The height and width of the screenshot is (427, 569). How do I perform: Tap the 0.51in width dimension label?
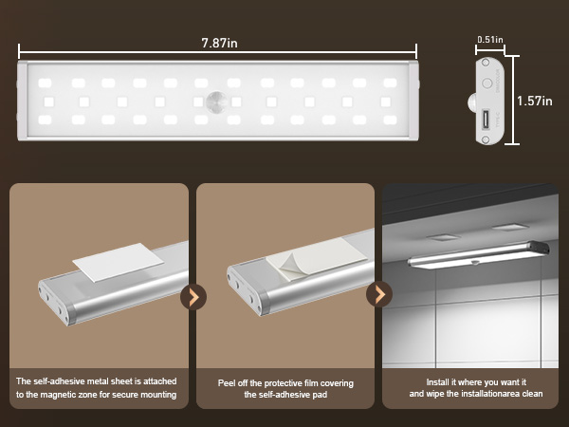489,40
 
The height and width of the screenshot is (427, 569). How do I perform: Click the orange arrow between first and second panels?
193,296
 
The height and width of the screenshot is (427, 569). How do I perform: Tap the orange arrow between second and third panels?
379,294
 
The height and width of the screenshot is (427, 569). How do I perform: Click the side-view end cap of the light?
488,102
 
